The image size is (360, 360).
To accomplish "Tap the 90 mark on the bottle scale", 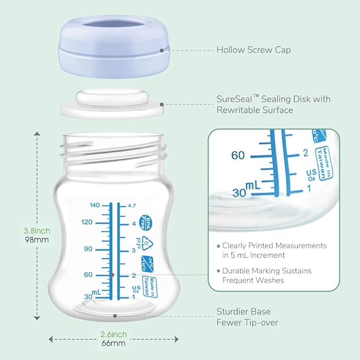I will pyautogui.click(x=88, y=249).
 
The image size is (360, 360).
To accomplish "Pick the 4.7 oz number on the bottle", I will pyautogui.click(x=133, y=205).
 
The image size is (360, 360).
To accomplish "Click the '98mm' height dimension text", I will pyautogui.click(x=37, y=240).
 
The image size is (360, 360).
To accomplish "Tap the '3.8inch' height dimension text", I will pyautogui.click(x=37, y=231).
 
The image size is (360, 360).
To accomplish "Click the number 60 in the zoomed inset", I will pyautogui.click(x=238, y=155).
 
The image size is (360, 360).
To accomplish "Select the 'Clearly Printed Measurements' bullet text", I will pyautogui.click(x=274, y=250).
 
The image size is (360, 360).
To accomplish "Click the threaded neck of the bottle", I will pyautogui.click(x=113, y=150).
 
